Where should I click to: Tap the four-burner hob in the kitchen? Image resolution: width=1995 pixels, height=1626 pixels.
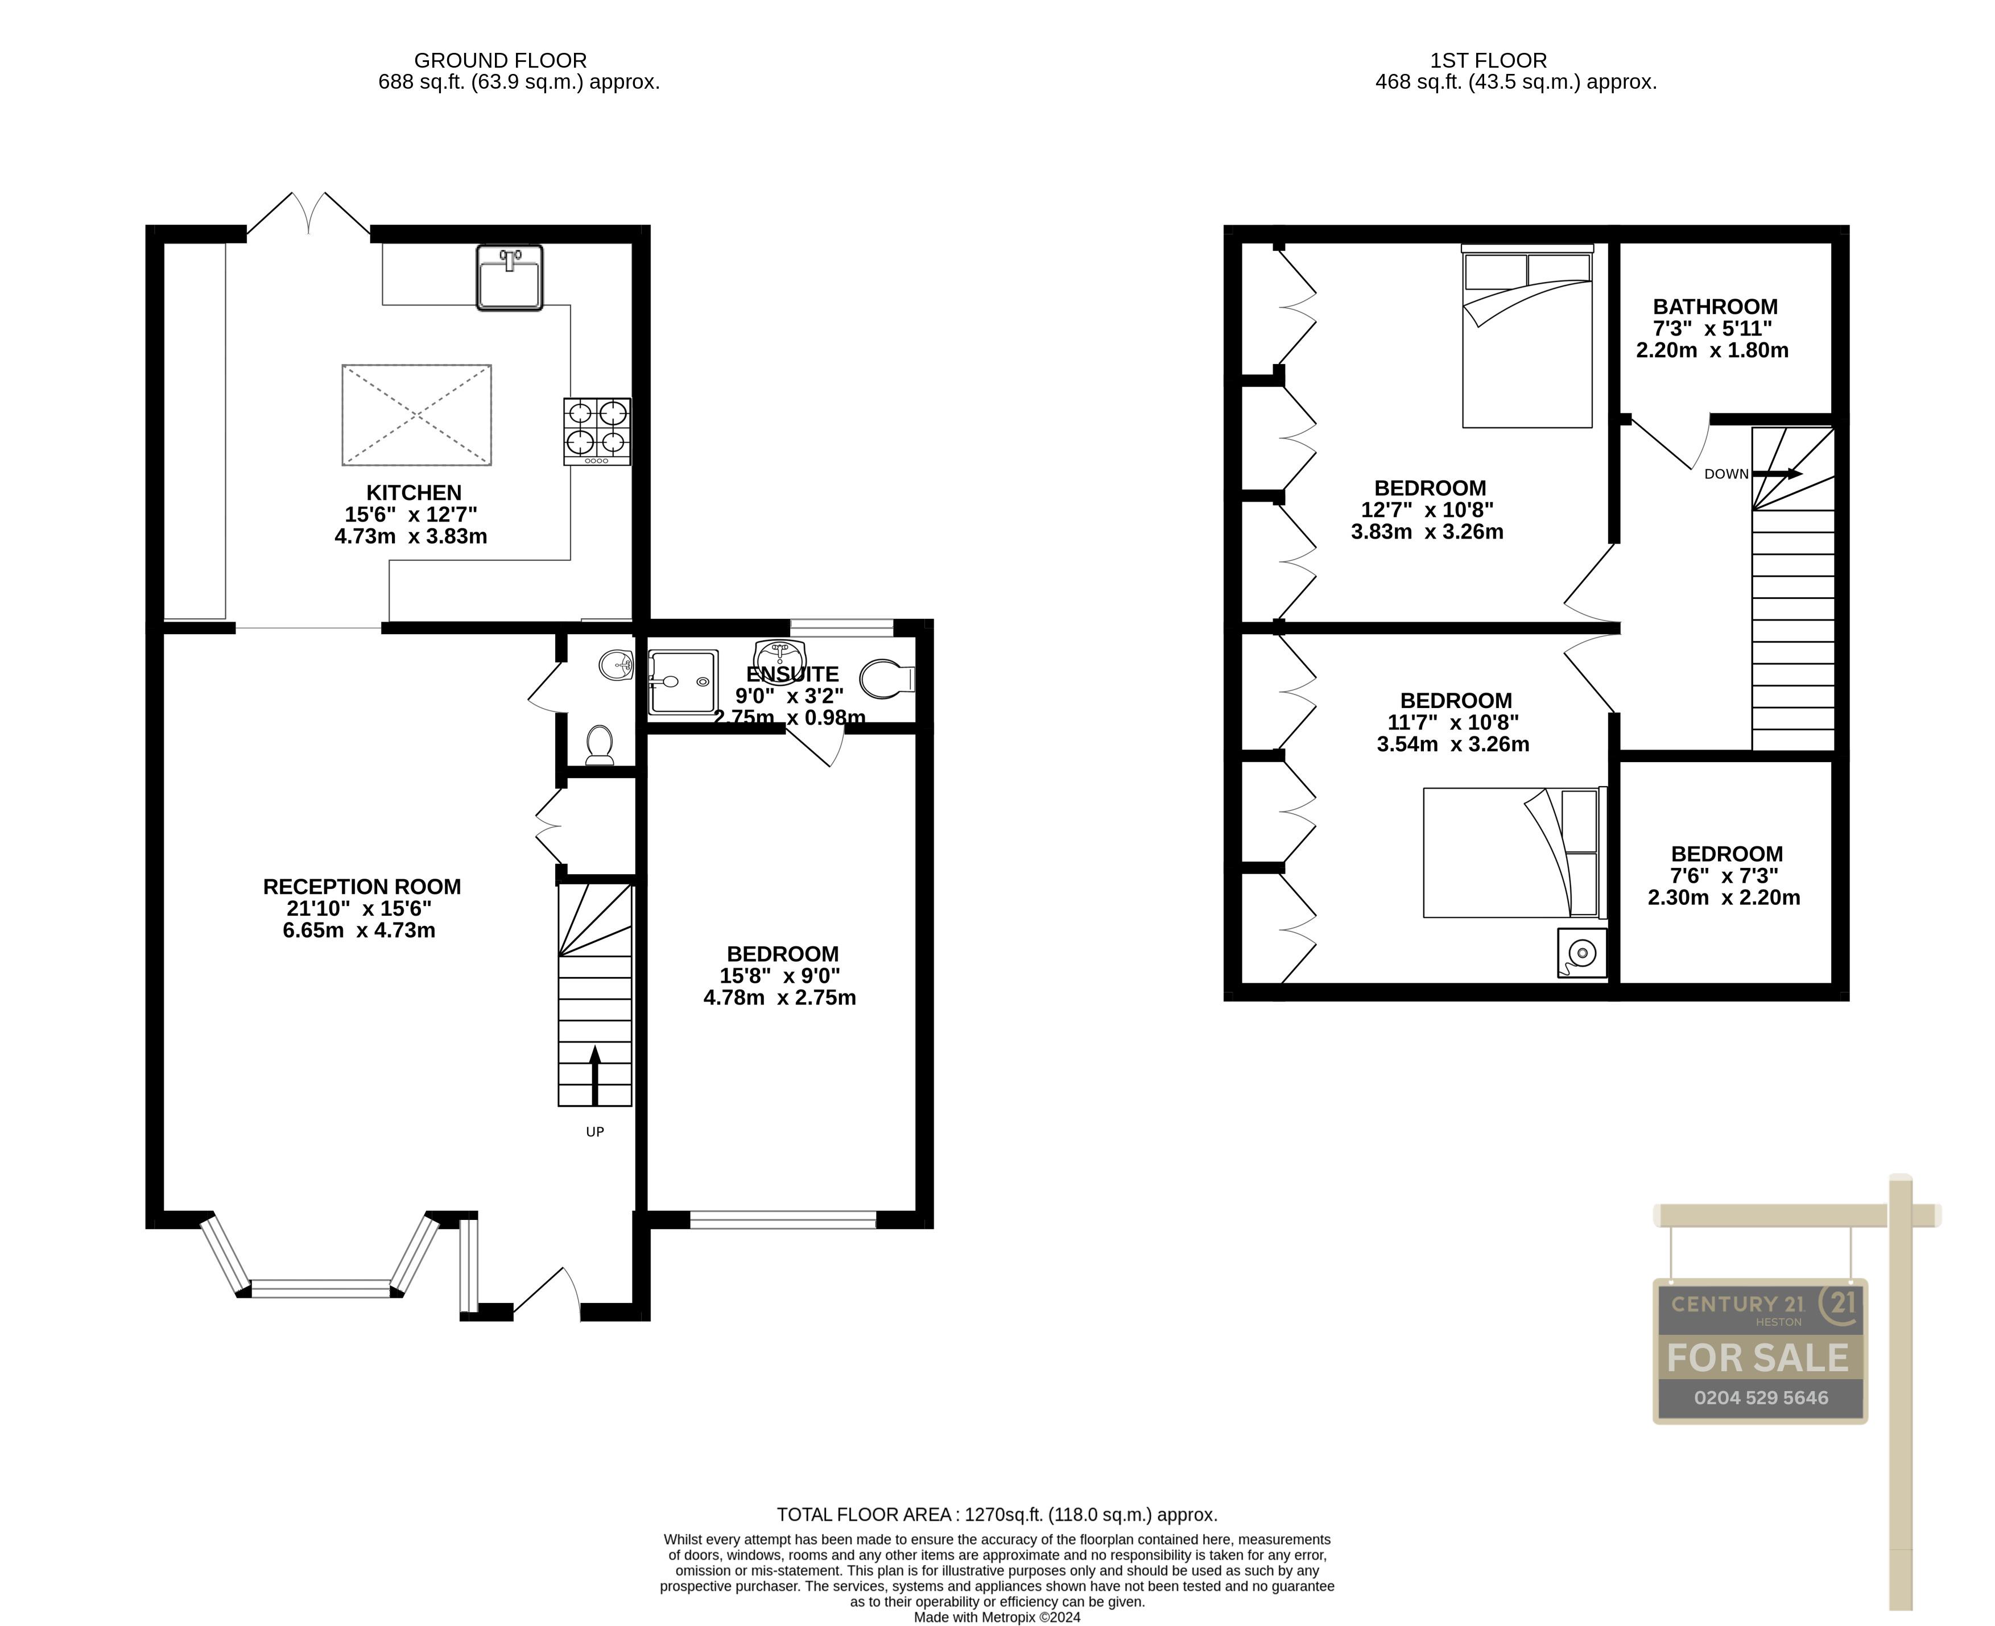pyautogui.click(x=597, y=431)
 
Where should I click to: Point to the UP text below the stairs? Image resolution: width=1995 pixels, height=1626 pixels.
pyautogui.click(x=595, y=1131)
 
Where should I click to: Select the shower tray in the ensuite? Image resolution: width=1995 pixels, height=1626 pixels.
pyautogui.click(x=682, y=682)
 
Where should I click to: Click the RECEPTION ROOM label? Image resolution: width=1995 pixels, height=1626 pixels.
pyautogui.click(x=362, y=886)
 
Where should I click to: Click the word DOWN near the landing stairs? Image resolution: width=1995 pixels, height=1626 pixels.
pyautogui.click(x=1725, y=474)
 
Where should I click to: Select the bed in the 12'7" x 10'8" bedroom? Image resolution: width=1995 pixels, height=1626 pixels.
pyautogui.click(x=1527, y=342)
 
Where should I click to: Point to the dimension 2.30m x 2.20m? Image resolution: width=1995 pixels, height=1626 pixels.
pyautogui.click(x=1724, y=897)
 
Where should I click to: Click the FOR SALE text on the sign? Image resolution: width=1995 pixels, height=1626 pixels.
pyautogui.click(x=1758, y=1358)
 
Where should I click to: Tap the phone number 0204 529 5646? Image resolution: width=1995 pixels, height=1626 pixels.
pyautogui.click(x=1760, y=1397)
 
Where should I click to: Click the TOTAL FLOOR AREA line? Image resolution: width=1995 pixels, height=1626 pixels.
pyautogui.click(x=997, y=1515)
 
